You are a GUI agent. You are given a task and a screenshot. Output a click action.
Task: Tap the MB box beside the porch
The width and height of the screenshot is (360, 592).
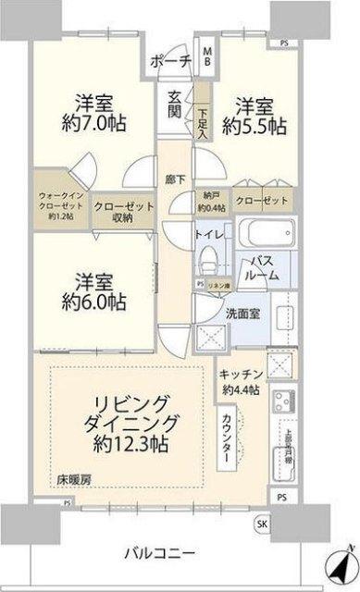(x=207, y=55)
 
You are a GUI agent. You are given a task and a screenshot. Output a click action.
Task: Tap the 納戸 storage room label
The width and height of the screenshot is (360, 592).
(x=212, y=201)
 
